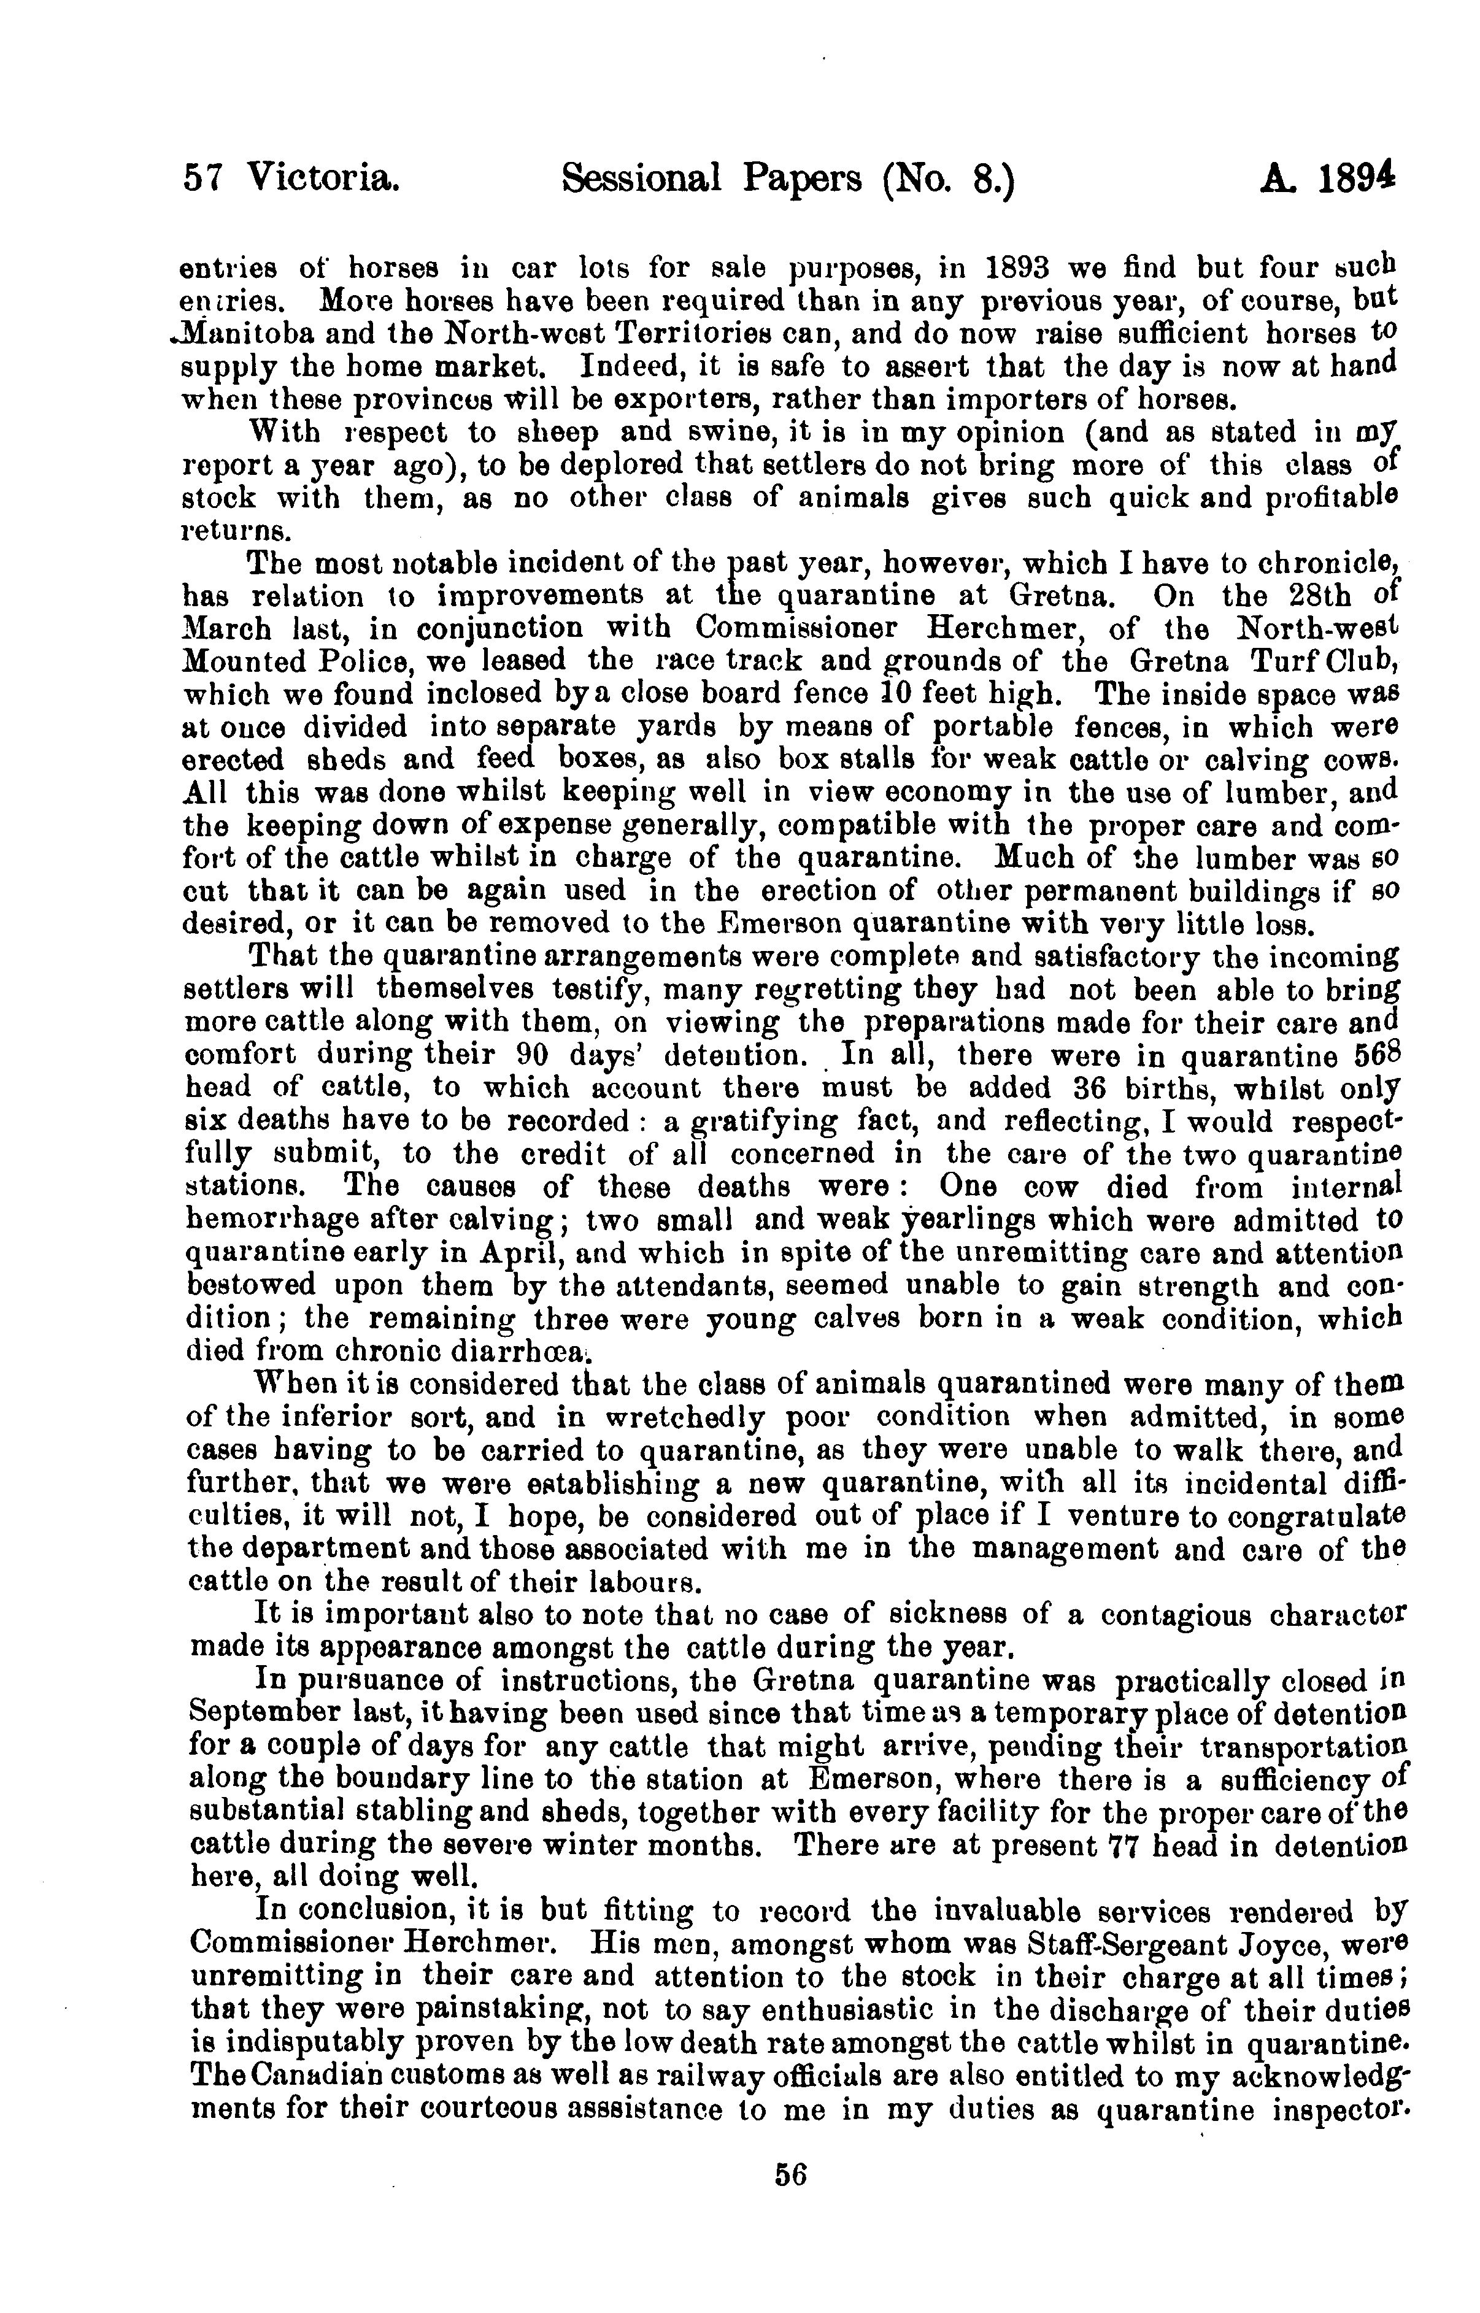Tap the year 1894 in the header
point(1358,178)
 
